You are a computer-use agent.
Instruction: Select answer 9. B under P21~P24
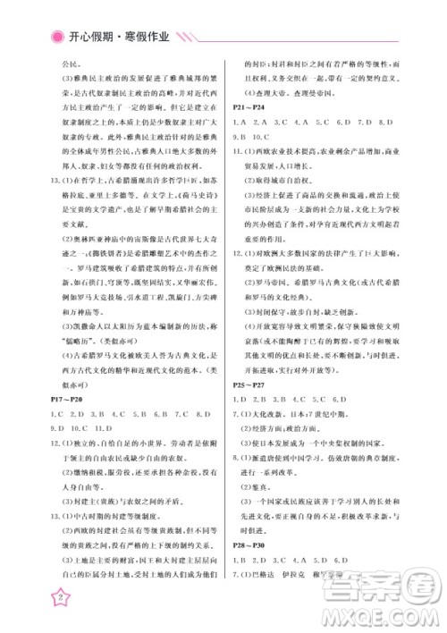[x=240, y=137]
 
